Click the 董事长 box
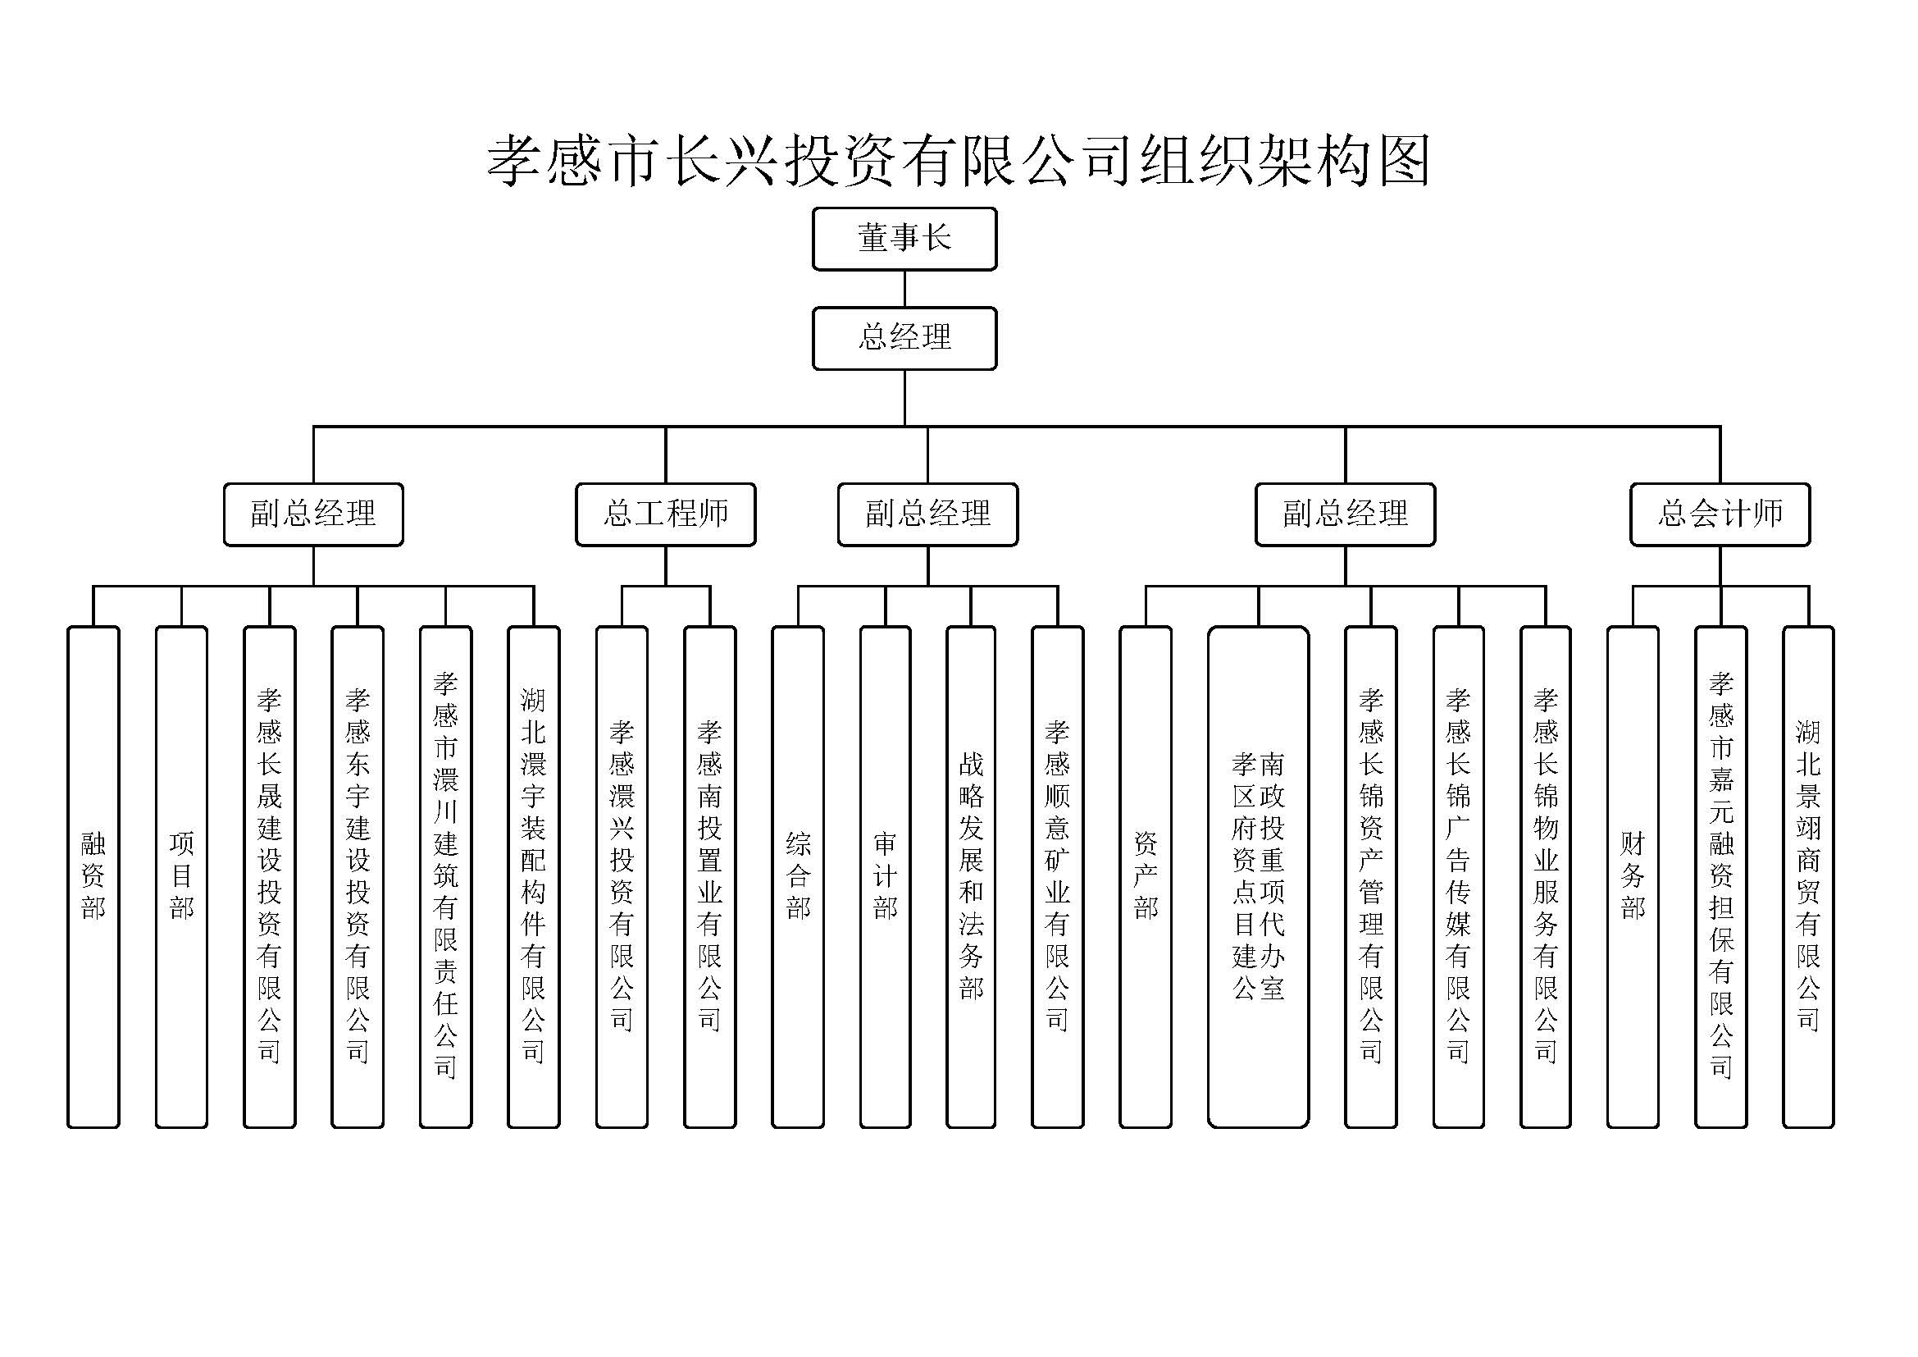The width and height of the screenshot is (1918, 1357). (904, 239)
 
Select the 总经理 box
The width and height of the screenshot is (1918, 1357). (904, 338)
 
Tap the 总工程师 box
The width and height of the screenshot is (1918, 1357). (665, 514)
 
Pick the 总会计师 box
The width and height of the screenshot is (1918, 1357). (1720, 514)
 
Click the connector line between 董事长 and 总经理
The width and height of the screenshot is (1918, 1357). (904, 289)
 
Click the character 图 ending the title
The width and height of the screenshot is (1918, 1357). (1404, 161)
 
